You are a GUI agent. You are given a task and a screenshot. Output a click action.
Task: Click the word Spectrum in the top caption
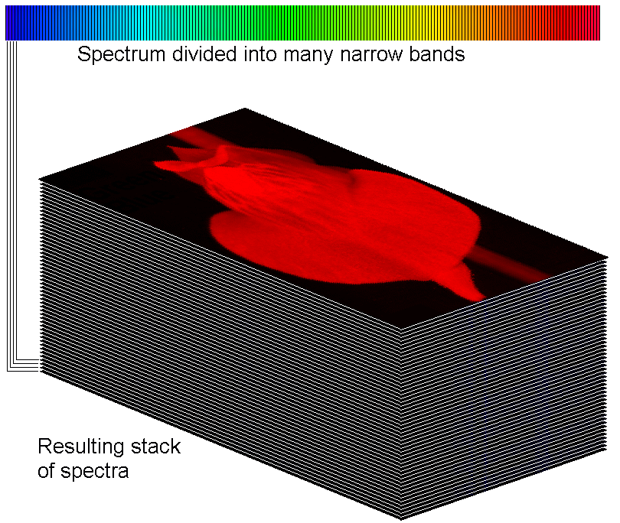[122, 54]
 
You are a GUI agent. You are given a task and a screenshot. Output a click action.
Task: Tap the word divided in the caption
[204, 54]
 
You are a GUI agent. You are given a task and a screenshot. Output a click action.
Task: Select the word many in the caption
[308, 55]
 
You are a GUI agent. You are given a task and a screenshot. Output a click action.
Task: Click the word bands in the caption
[437, 54]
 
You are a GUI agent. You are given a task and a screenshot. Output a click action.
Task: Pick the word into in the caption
[259, 54]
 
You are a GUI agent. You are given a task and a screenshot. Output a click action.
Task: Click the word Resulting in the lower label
[81, 447]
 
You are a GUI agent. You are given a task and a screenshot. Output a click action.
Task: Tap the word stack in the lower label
[156, 447]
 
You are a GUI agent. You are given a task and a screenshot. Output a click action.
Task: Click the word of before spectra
[46, 470]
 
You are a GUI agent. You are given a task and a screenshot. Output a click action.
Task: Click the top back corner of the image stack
[245, 108]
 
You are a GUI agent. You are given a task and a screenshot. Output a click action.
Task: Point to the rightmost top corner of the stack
[607, 257]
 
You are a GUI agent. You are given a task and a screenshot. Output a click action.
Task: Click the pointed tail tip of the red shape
[485, 299]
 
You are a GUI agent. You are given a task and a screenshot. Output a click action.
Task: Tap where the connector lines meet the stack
[40, 365]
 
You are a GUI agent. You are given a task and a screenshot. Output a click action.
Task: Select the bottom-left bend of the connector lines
[8, 371]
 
